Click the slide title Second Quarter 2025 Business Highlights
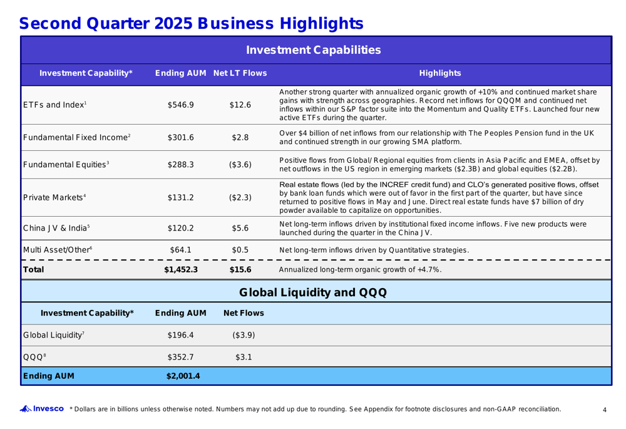(191, 24)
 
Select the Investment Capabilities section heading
(313, 49)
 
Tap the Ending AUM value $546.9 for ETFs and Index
(181, 105)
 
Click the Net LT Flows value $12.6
(240, 105)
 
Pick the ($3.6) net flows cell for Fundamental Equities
(240, 165)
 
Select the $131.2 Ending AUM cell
(181, 197)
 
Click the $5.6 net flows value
(240, 229)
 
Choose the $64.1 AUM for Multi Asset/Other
(181, 251)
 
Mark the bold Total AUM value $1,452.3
(181, 271)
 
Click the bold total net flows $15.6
(240, 271)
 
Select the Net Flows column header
(244, 313)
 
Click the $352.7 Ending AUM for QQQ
(181, 356)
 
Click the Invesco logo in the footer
(44, 409)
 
